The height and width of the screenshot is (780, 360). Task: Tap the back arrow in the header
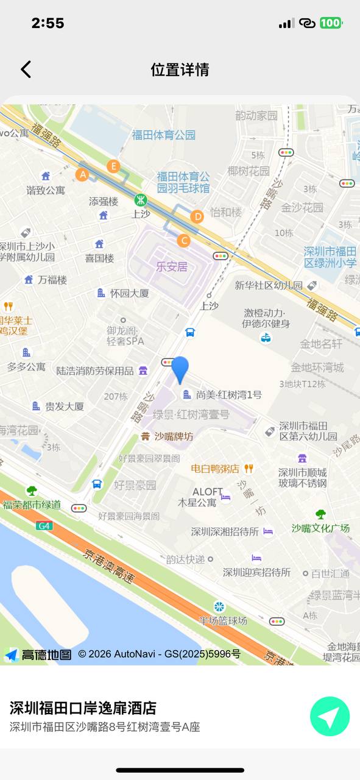[x=26, y=69]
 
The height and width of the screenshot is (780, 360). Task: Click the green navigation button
[x=330, y=717]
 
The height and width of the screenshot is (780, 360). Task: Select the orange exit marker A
[x=82, y=175]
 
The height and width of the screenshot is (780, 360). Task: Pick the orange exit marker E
[x=113, y=166]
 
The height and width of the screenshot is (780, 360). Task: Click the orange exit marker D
[x=197, y=216]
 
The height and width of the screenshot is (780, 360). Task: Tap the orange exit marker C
[x=183, y=241]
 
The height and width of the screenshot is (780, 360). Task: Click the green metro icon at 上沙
[x=141, y=200]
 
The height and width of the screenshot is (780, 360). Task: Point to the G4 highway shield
[x=43, y=525]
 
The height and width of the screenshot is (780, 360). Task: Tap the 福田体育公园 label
[x=164, y=135]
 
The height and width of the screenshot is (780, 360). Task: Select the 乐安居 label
[x=172, y=266]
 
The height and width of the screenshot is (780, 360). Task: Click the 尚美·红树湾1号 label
[x=228, y=395]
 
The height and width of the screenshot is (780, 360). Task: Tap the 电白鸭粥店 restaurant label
[x=215, y=469]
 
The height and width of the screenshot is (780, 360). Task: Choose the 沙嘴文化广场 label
[x=320, y=528]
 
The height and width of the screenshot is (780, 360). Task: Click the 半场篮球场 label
[x=223, y=620]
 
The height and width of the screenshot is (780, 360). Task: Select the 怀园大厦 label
[x=129, y=293]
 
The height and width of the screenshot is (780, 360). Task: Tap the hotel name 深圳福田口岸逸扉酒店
[x=83, y=707]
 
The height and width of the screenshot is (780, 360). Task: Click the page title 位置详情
[x=180, y=69]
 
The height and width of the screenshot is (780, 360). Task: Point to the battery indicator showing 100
[x=331, y=23]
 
